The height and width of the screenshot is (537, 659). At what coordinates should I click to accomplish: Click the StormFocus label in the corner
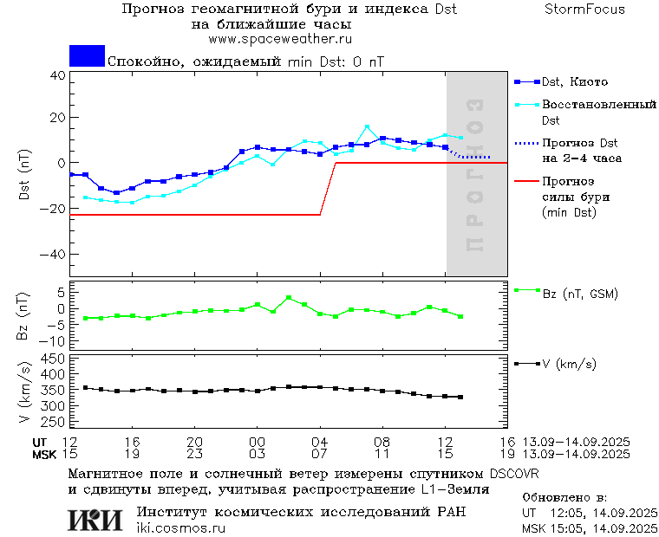(x=585, y=10)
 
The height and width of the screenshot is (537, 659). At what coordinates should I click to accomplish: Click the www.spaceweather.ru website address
(x=279, y=39)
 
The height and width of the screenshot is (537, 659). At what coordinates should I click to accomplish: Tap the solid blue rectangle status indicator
(x=87, y=55)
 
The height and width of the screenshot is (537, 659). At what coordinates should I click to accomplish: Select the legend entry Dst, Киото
(x=574, y=82)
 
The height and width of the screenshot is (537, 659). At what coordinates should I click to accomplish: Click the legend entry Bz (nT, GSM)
(x=579, y=294)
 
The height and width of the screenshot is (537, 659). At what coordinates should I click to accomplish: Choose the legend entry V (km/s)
(x=569, y=364)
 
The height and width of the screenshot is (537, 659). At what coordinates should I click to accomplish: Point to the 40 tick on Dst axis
(x=57, y=75)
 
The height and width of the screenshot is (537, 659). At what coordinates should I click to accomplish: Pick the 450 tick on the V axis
(x=54, y=359)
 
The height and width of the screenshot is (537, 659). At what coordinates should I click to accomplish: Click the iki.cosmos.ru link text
(x=180, y=528)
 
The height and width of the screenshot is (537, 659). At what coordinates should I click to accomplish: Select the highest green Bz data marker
(x=289, y=298)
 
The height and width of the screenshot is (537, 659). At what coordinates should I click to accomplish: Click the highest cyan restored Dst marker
(x=367, y=127)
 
